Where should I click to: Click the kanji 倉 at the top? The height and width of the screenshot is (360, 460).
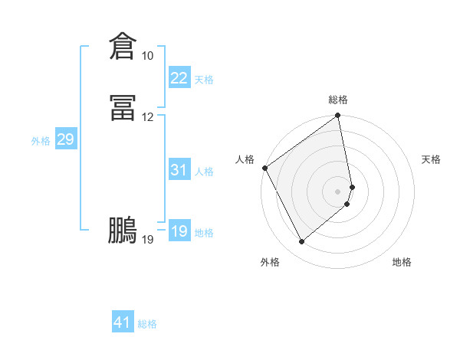pos(123,46)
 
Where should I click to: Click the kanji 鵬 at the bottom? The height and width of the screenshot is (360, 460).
pos(123,230)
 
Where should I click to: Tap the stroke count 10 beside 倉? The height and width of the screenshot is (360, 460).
pos(147,56)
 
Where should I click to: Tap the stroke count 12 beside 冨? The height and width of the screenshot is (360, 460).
pos(147,117)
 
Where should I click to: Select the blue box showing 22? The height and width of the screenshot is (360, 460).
pos(179,78)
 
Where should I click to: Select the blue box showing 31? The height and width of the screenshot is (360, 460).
pos(179,170)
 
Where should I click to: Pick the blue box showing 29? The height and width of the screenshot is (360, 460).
pos(65,139)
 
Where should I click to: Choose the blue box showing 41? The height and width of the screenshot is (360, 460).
pos(123,322)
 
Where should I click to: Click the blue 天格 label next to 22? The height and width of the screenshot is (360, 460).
pos(204,80)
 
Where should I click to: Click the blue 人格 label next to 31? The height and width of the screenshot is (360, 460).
pos(204,172)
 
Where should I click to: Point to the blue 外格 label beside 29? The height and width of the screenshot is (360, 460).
pos(41,141)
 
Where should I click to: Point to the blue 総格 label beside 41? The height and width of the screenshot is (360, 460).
pos(147,324)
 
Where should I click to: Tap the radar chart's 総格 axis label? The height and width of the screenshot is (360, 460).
pos(338,100)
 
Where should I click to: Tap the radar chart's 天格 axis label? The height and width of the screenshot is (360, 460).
pos(431,159)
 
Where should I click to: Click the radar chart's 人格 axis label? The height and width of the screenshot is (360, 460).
pos(245,159)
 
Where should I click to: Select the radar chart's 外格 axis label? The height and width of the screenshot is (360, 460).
pos(270,262)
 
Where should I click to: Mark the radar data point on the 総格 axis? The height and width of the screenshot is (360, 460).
pos(338,116)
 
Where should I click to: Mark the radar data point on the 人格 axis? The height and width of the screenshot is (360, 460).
pos(264,168)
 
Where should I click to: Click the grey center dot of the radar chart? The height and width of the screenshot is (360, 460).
pos(338,191)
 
